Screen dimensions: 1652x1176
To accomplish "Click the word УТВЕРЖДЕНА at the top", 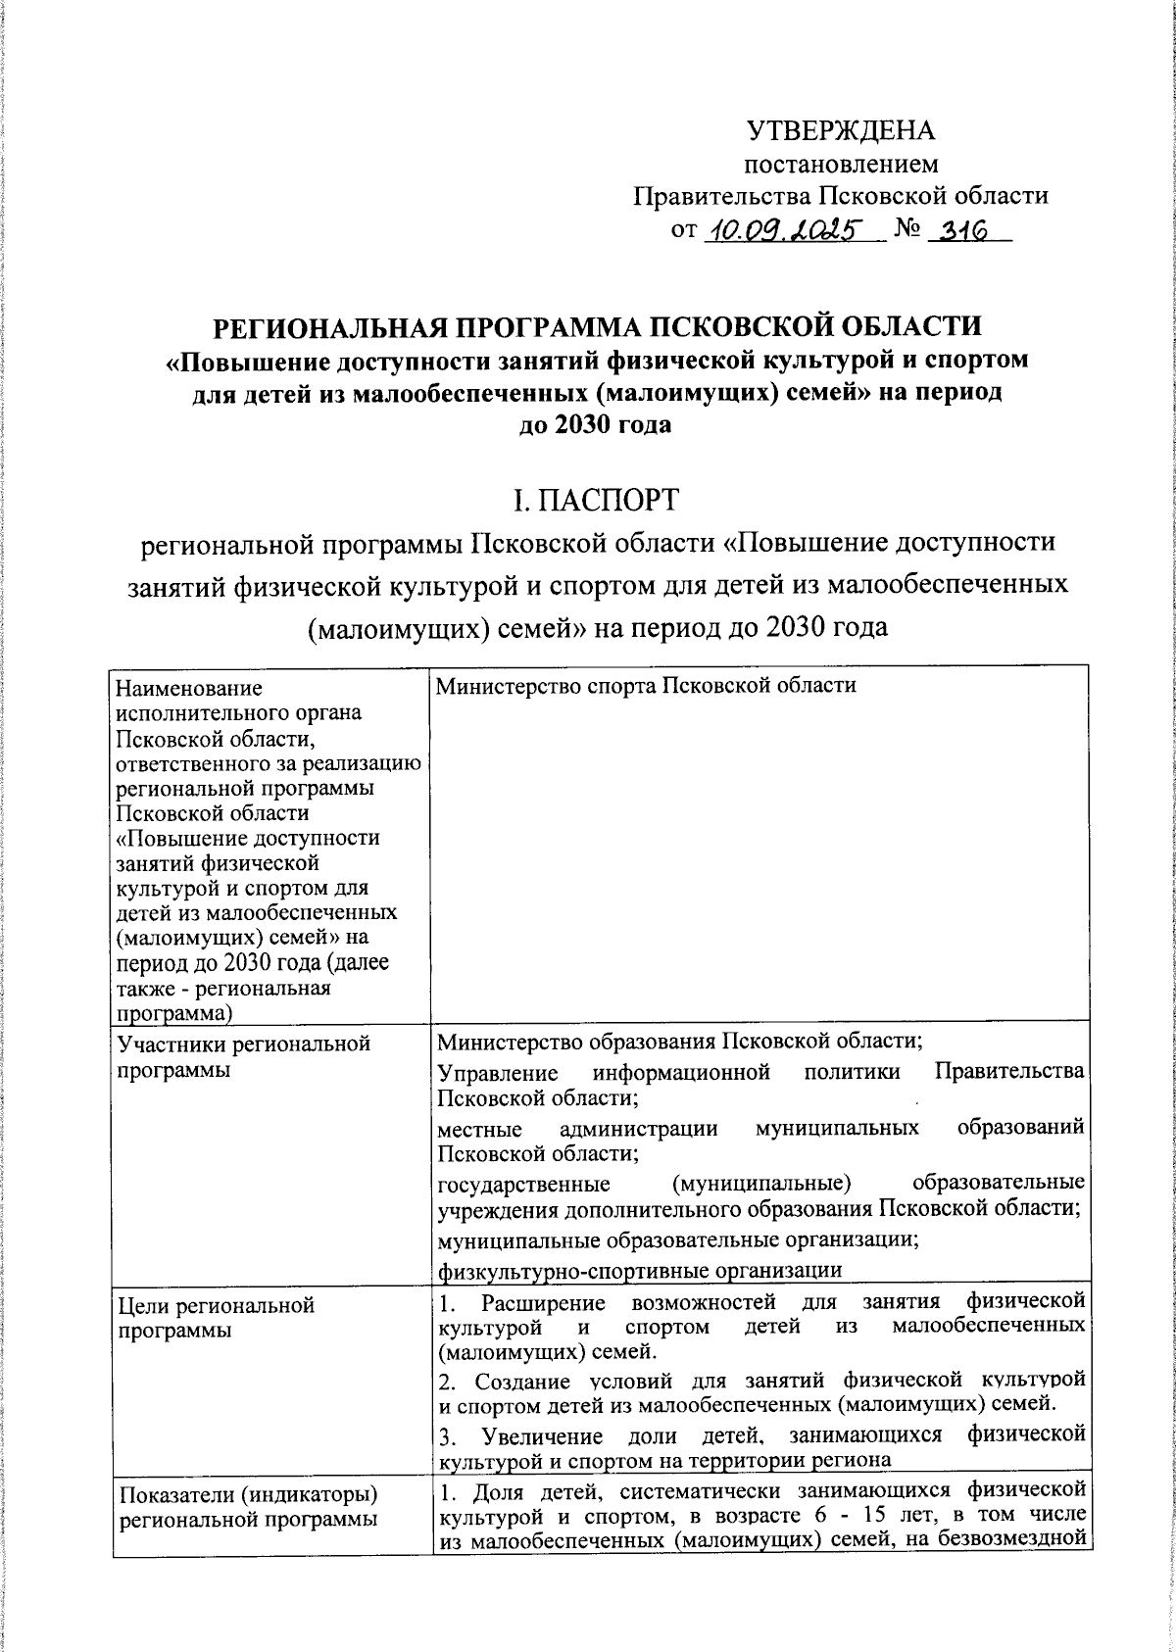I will pyautogui.click(x=841, y=130).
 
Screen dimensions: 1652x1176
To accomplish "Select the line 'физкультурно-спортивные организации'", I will pyautogui.click(x=640, y=1271).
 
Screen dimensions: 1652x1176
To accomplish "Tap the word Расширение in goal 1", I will pyautogui.click(x=543, y=1301).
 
